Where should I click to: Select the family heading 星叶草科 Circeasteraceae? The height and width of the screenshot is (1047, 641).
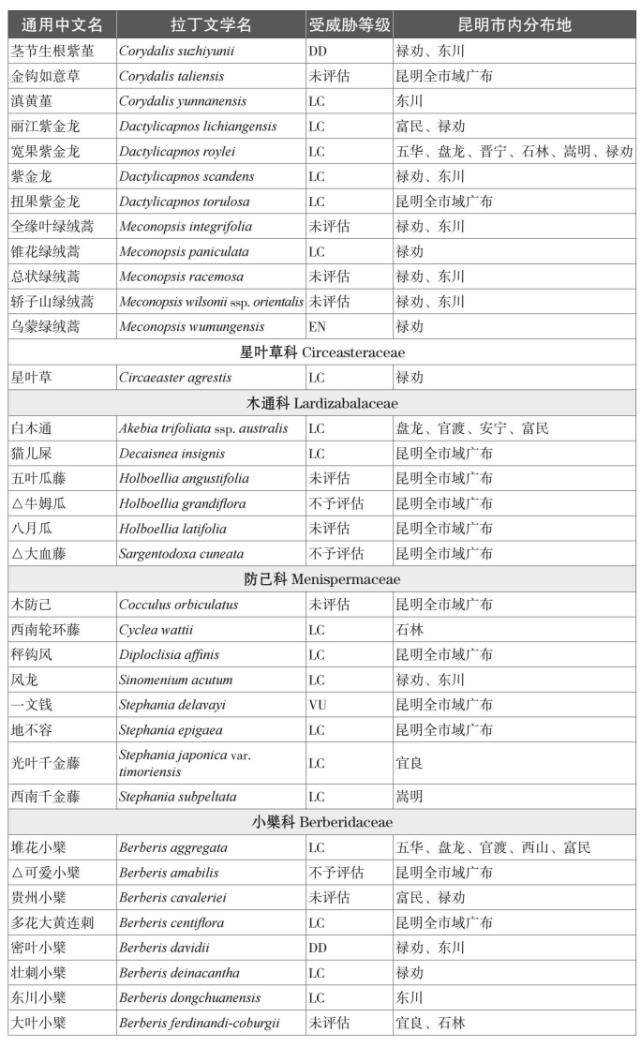[x=320, y=352]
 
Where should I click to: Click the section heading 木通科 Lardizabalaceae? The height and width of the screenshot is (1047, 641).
[x=320, y=403]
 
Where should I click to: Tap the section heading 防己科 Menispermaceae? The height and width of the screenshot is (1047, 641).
[x=320, y=579]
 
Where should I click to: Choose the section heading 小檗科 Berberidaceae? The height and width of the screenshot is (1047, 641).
[x=320, y=822]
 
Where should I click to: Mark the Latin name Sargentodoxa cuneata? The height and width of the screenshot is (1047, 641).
[x=181, y=554]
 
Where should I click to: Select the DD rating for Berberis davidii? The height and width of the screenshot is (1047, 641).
[x=318, y=948]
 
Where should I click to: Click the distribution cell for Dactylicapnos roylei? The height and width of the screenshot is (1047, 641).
[x=514, y=151]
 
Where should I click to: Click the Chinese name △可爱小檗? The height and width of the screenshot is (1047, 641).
[x=38, y=873]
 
